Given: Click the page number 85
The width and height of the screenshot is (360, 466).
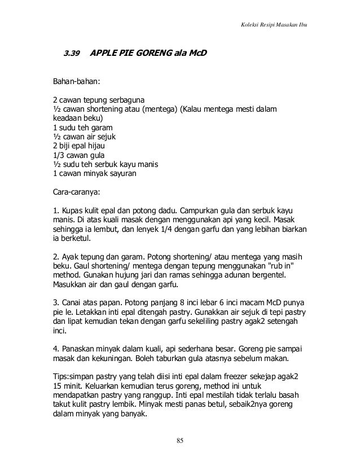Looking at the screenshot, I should (x=179, y=440).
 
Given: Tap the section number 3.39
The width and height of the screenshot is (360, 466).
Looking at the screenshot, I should (x=71, y=54).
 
